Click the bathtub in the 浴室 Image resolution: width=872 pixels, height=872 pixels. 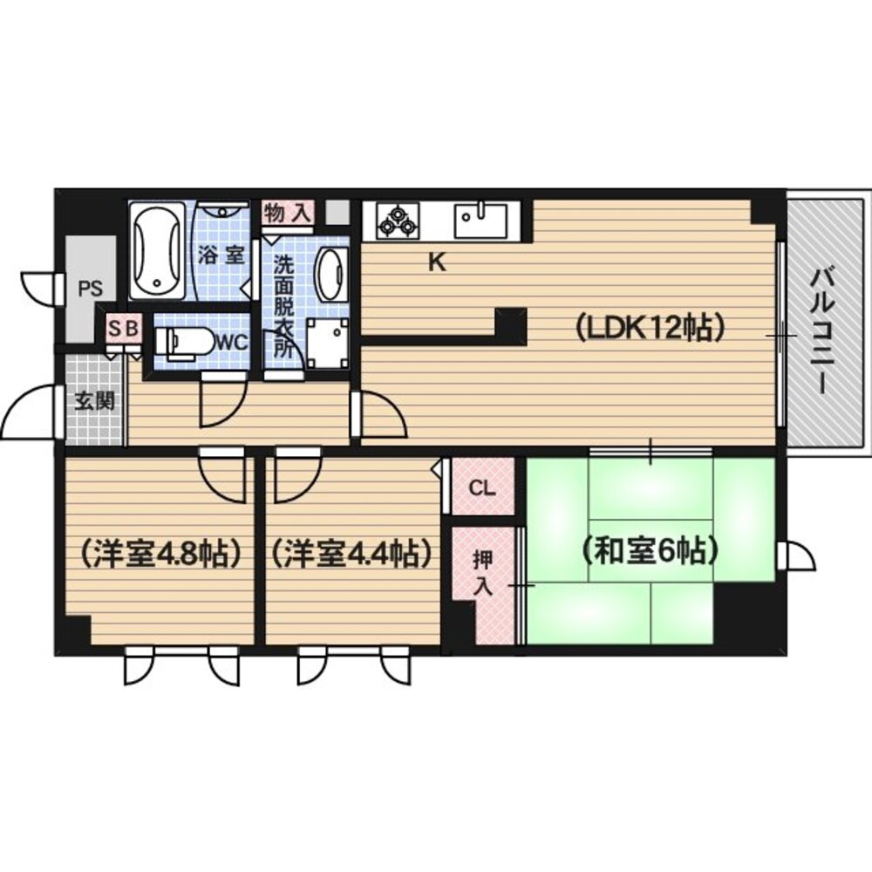(x=157, y=251)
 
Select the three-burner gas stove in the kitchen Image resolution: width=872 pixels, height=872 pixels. (x=397, y=221)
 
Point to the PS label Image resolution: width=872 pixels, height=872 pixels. (x=90, y=289)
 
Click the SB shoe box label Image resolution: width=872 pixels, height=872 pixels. (x=123, y=328)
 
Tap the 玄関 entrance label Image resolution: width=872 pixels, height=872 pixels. (x=95, y=400)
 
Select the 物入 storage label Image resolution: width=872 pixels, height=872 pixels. (x=288, y=213)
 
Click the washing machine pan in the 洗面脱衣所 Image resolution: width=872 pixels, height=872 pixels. (x=327, y=343)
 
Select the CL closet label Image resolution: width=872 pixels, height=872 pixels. (x=481, y=487)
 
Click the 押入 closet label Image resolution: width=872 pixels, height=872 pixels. (x=482, y=574)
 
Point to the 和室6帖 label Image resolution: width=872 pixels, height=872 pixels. (x=650, y=551)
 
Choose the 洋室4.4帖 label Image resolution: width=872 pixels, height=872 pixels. (x=351, y=553)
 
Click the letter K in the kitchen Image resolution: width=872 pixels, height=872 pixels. (x=437, y=262)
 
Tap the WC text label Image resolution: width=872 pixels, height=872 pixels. (x=232, y=343)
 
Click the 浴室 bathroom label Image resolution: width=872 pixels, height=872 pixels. (x=221, y=256)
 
